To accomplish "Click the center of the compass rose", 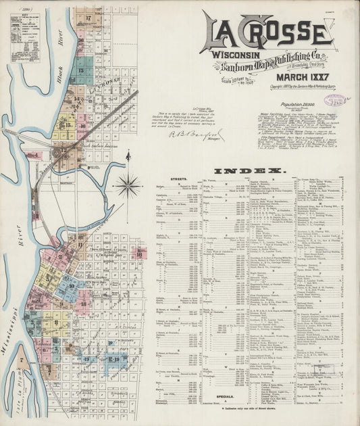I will pos(127,183).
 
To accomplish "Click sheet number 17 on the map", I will pos(88,18).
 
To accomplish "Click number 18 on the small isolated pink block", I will pos(84,304).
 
